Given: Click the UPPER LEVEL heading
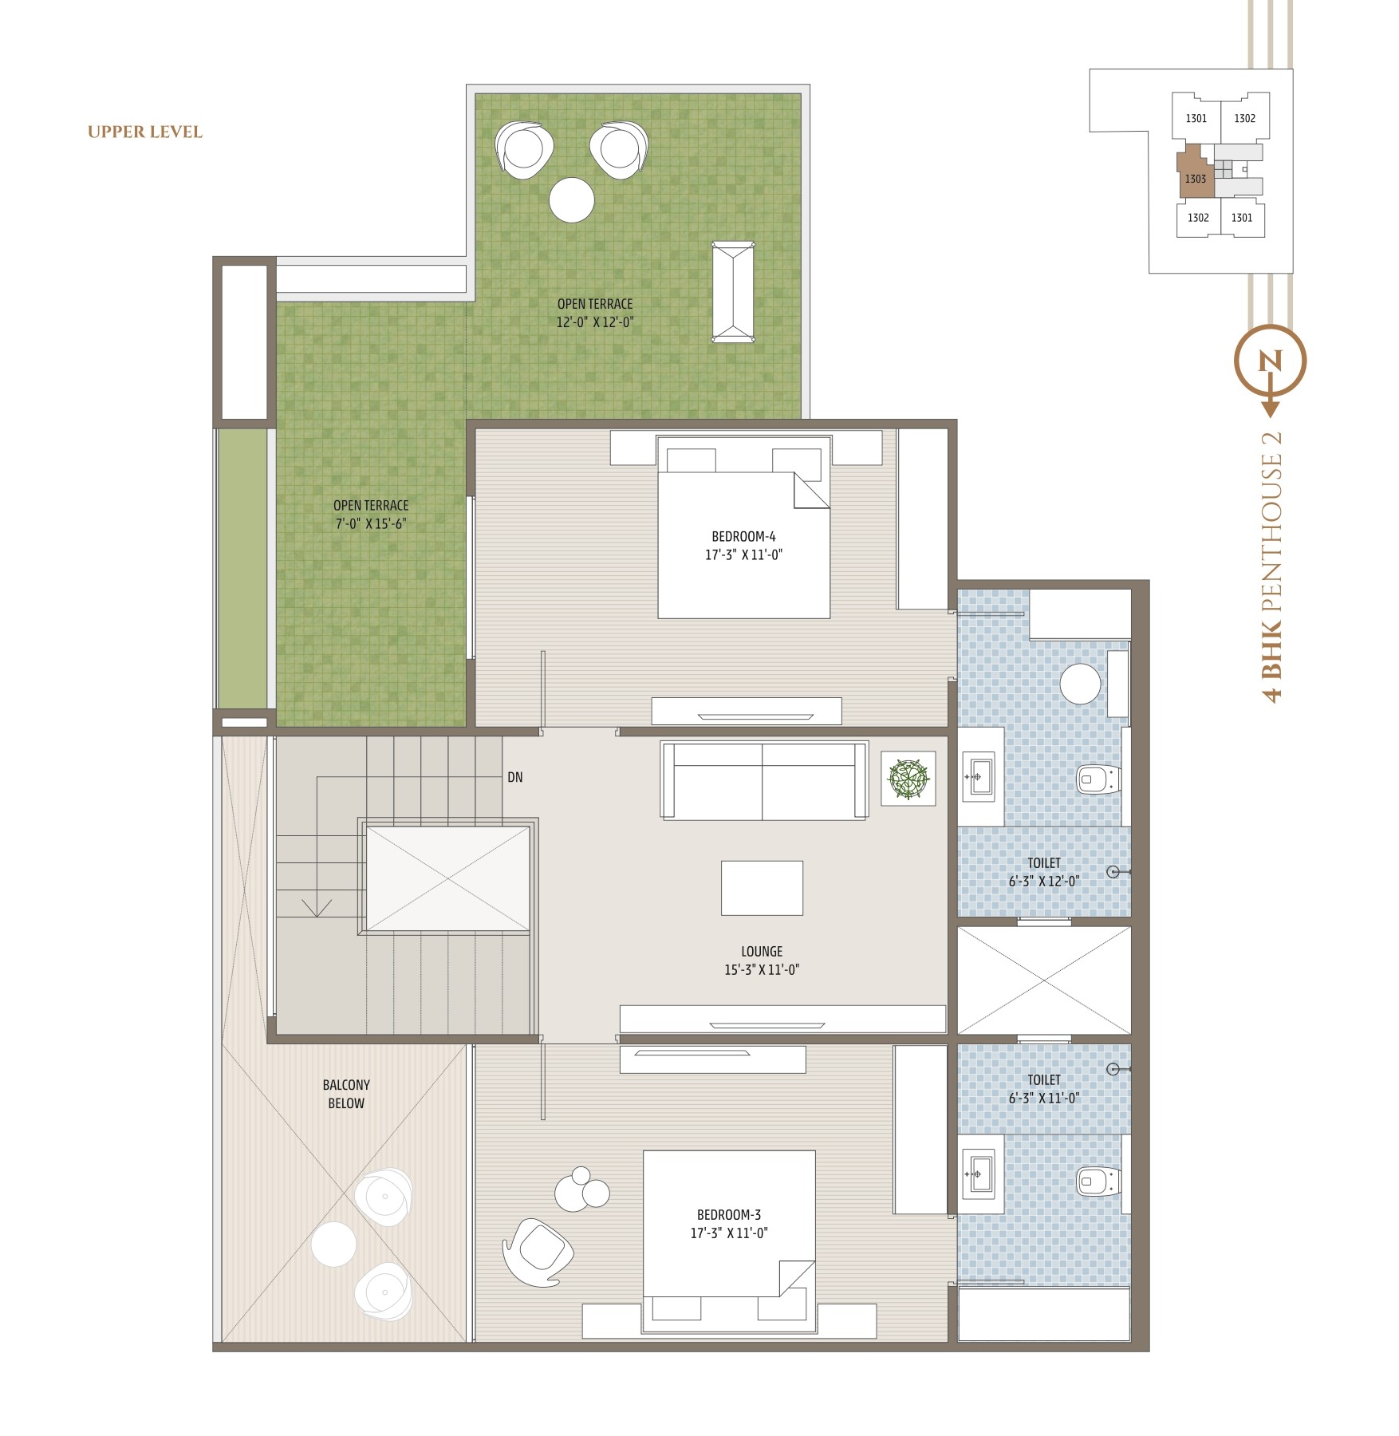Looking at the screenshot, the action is click(145, 132).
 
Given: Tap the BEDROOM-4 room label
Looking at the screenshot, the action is click(743, 537).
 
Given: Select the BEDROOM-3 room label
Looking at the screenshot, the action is click(729, 1214).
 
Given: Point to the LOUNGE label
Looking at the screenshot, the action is click(762, 951).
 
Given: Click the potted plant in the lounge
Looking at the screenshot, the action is click(908, 779).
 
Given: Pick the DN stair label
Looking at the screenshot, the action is click(515, 777).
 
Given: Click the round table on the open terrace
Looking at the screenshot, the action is click(572, 199).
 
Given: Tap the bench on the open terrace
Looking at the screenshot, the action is click(733, 292).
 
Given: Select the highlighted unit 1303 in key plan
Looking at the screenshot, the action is click(1196, 173).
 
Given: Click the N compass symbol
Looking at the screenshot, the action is click(1270, 361).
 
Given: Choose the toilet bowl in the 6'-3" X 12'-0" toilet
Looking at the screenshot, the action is click(1099, 779).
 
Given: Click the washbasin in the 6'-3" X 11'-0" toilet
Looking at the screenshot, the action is click(978, 1174).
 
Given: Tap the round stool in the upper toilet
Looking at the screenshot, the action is click(1080, 684).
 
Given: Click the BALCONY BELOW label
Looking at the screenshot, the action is click(346, 1094).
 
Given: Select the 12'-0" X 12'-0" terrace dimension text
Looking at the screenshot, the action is click(595, 322).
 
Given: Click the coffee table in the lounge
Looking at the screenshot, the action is click(762, 888).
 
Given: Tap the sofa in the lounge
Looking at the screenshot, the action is click(764, 780).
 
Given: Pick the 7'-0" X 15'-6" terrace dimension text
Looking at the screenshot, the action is click(371, 524).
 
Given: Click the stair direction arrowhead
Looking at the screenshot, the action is click(317, 908).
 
